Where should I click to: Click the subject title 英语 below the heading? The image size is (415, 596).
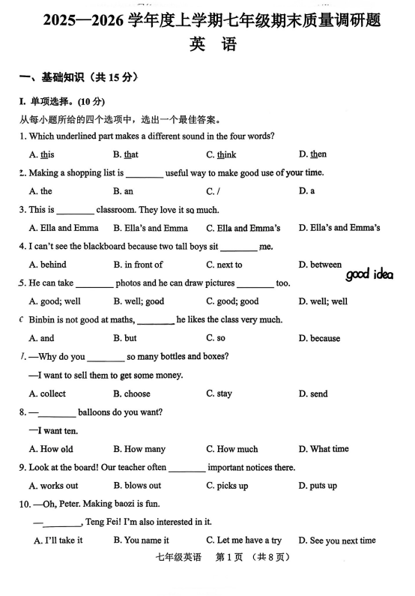coord(213,44)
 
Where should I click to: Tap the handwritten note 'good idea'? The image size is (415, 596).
coord(369,274)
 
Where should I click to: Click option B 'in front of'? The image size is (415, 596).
coord(138,265)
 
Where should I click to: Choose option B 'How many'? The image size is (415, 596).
coord(139,449)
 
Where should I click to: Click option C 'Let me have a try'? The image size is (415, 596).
coord(243,541)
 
